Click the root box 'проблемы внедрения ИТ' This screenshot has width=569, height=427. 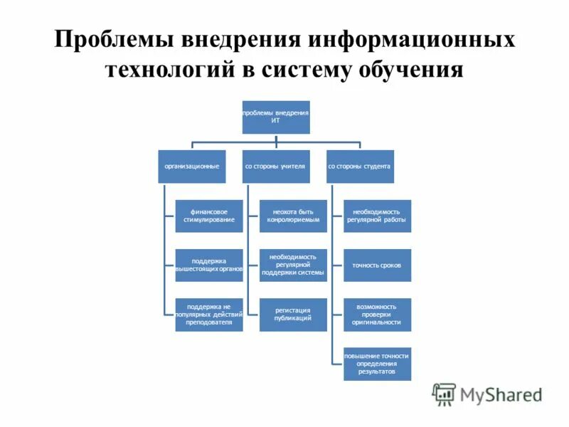click(276, 117)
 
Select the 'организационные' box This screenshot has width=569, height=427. click(192, 167)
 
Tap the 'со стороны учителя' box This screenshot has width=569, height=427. click(276, 167)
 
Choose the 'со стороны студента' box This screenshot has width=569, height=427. click(360, 167)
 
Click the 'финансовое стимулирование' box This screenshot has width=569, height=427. click(209, 216)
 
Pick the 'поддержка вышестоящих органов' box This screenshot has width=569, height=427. click(209, 265)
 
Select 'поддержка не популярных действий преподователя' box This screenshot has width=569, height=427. click(209, 315)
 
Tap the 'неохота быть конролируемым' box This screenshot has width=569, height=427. click(293, 216)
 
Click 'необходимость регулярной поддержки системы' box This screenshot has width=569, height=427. click(293, 265)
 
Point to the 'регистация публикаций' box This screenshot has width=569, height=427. click(293, 315)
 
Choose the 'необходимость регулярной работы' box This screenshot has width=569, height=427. click(377, 216)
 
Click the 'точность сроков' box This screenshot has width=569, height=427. click(377, 265)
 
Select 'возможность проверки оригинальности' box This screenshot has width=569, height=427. click(377, 315)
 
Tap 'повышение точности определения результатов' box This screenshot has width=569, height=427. click(377, 364)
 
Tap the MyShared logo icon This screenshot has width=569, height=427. click(445, 394)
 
